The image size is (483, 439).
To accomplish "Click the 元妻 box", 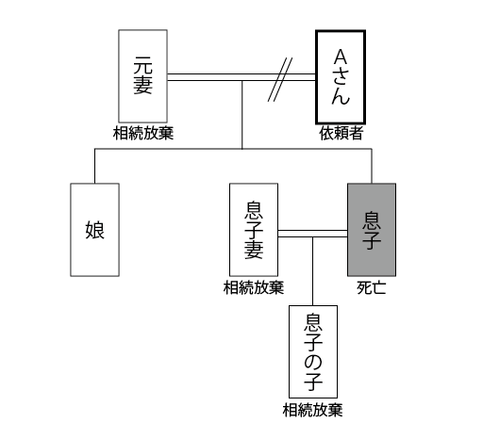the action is click(142, 76).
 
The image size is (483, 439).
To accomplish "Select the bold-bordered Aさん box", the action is click(341, 77).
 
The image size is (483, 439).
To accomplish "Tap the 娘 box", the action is click(94, 230).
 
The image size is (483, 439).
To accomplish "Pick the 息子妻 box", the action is click(254, 230).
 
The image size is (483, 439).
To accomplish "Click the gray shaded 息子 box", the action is click(372, 230).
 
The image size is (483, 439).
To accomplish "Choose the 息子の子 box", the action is click(313, 351).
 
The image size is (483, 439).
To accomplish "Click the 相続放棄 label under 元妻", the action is click(143, 133).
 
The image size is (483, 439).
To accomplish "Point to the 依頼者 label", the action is click(341, 133).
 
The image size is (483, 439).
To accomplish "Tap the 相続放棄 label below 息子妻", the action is click(254, 287).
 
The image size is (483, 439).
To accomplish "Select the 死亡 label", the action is click(372, 287).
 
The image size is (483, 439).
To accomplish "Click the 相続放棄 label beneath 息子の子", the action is click(312, 410).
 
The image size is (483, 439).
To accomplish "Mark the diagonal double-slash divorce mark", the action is click(280, 79).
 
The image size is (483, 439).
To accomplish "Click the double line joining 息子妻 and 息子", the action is click(313, 234).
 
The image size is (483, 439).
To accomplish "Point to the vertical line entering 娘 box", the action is click(94, 166).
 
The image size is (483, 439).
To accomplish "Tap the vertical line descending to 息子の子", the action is click(312, 271).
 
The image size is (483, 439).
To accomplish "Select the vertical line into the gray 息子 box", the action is click(372, 166).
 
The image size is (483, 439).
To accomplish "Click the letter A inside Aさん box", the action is click(341, 57).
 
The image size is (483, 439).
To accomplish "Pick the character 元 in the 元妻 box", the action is click(142, 65).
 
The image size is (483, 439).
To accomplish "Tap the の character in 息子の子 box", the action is click(313, 362).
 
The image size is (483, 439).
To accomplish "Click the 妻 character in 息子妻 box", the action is click(254, 250).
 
